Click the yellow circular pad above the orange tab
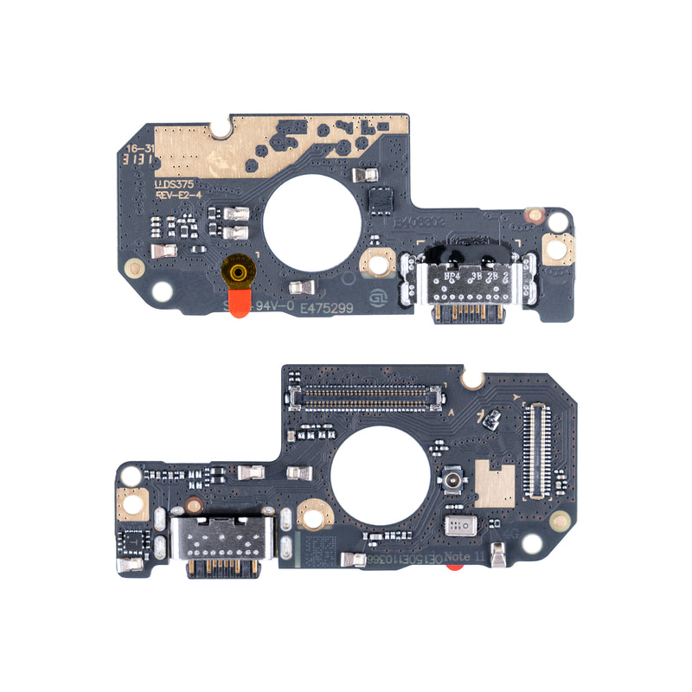(x=240, y=272)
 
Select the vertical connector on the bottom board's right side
(x=536, y=452)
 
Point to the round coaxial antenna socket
(x=452, y=481)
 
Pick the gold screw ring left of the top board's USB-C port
(x=377, y=261)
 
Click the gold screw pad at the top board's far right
(x=557, y=250)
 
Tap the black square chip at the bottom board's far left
(x=134, y=541)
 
